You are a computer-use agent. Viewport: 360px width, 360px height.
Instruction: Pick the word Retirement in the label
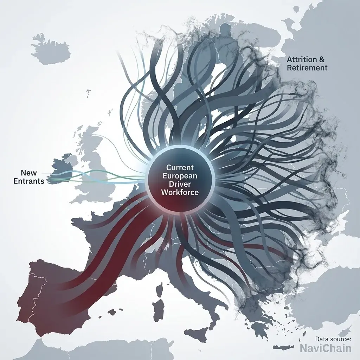pyautogui.click(x=307, y=68)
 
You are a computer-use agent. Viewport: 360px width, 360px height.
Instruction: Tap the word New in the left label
pyautogui.click(x=28, y=173)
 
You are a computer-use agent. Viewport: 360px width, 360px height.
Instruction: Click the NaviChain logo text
pyautogui.click(x=326, y=348)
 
